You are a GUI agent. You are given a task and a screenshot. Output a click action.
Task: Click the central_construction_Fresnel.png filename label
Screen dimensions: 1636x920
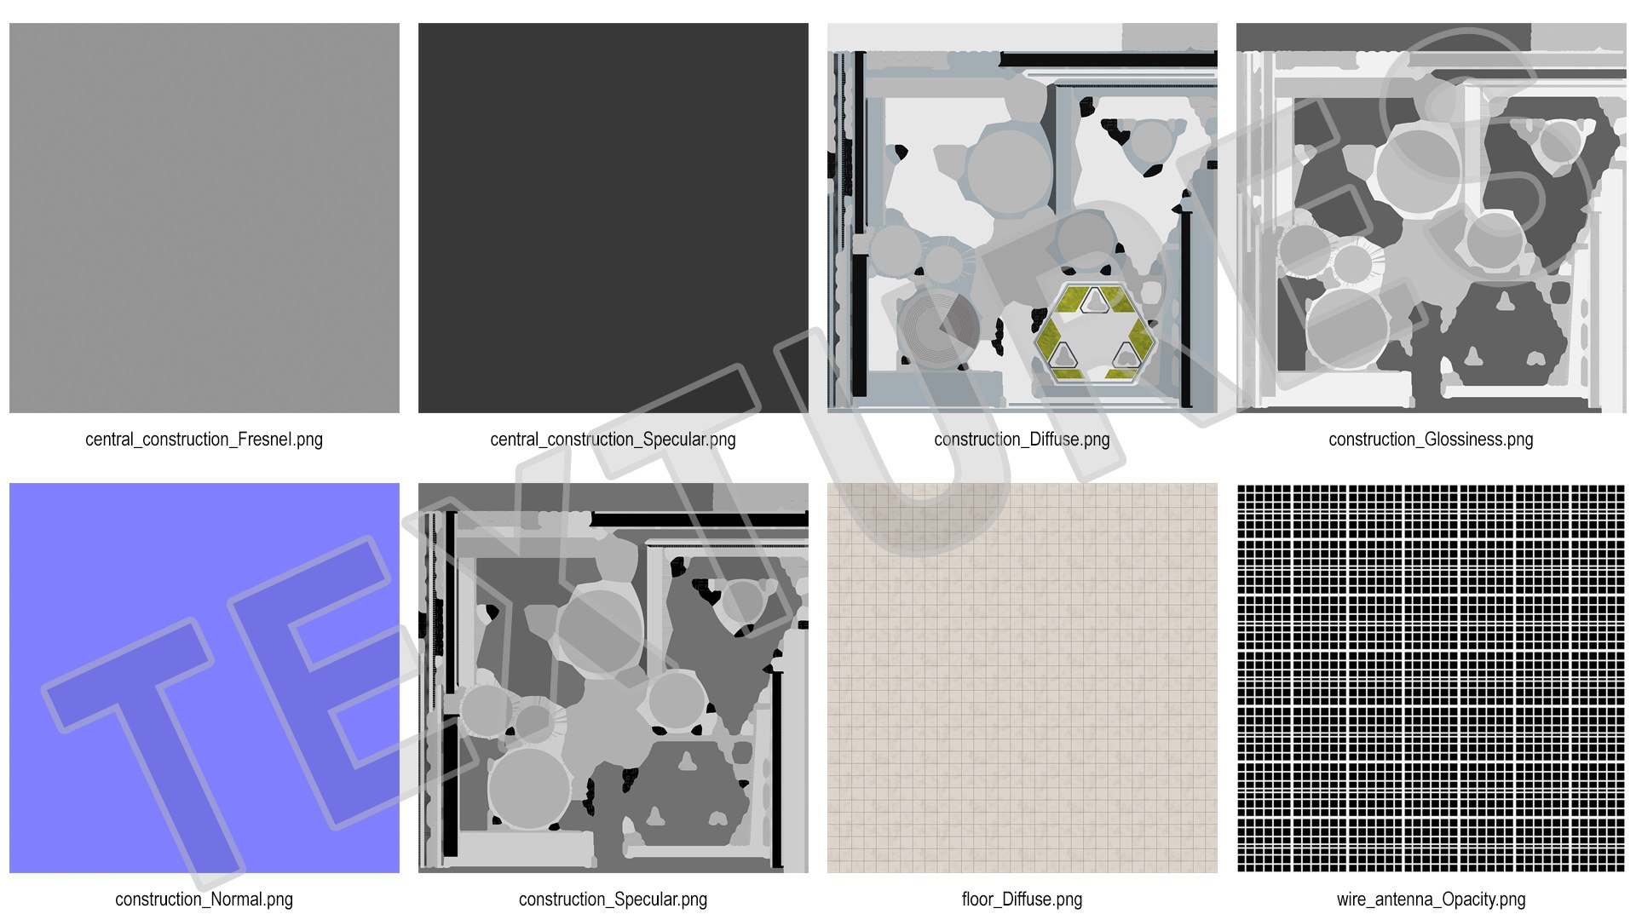pos(204,440)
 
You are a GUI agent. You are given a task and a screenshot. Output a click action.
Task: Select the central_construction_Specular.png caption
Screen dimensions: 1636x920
pos(613,440)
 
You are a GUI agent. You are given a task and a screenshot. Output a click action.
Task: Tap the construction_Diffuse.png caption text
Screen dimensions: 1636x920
pos(1022,440)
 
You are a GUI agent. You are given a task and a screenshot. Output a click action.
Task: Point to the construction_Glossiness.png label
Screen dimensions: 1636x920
pos(1431,440)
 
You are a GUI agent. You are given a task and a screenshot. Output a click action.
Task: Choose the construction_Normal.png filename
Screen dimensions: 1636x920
pos(204,900)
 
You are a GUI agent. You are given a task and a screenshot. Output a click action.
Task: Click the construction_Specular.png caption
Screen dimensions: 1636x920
pos(613,900)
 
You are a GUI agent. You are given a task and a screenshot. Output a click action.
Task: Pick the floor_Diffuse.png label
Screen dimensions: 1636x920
pos(1022,900)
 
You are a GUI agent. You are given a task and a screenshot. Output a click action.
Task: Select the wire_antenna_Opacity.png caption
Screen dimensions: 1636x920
pos(1431,900)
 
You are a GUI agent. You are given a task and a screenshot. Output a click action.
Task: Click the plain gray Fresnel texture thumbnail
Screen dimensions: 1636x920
pos(204,218)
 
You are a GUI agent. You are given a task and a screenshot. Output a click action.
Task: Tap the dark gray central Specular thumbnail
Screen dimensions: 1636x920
pos(613,218)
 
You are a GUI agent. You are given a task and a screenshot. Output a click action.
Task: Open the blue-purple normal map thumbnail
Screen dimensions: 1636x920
pos(204,678)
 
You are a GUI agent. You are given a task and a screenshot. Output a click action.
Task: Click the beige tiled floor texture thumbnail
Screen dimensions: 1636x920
pos(1022,678)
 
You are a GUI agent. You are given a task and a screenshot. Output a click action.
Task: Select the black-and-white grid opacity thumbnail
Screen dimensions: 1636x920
pos(1431,678)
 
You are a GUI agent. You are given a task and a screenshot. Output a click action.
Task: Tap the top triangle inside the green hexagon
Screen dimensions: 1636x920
pos(1093,300)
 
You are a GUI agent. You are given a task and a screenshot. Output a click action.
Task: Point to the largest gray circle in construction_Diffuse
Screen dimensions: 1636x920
pos(1009,171)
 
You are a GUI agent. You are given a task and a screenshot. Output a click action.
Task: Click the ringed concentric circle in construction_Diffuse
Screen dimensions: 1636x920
pos(938,327)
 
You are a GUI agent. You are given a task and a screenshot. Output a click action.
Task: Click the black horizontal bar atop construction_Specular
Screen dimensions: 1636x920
pos(700,519)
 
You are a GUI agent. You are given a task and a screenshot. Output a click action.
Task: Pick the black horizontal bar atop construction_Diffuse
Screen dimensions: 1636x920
pos(1109,60)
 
